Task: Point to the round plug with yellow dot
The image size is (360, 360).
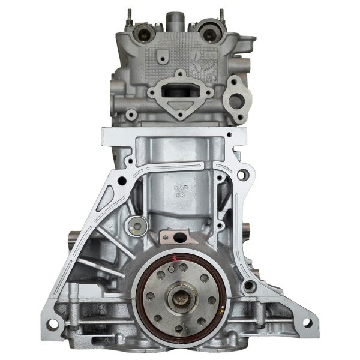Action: [137, 226]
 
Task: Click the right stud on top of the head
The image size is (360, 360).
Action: [221, 15]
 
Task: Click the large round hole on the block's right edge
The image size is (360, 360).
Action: [244, 175]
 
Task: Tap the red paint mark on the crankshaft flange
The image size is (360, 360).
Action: [174, 259]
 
